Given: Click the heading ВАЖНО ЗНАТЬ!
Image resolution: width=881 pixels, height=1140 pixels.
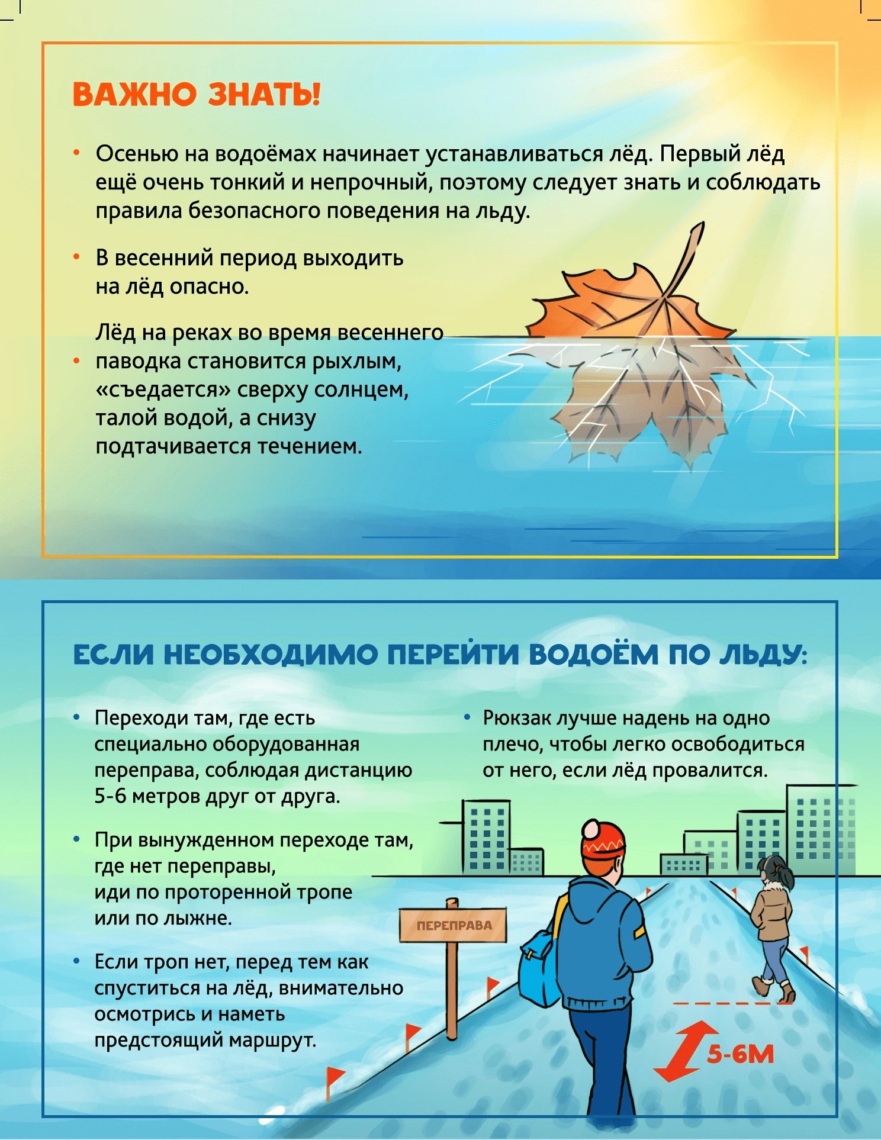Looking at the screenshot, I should click(x=196, y=95).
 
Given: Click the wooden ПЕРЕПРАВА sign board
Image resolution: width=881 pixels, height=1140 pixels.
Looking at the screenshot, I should click(x=454, y=925).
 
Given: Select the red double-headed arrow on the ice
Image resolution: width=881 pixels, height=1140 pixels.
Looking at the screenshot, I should click(x=684, y=1051).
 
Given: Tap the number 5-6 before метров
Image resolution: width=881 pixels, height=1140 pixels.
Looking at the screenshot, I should click(x=110, y=796).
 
